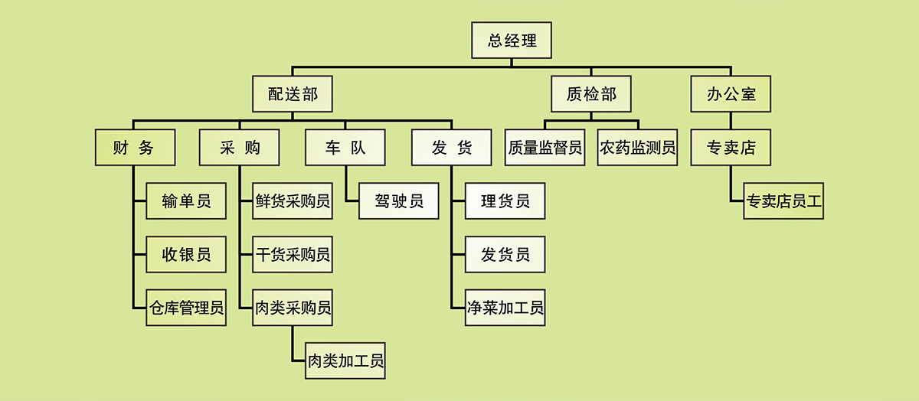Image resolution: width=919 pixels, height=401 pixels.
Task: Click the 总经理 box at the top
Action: click(x=511, y=40)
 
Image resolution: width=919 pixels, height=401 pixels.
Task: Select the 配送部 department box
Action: click(x=293, y=94)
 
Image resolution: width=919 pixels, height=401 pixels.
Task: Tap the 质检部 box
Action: click(x=590, y=94)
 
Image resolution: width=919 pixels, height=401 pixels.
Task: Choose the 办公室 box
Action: click(x=731, y=94)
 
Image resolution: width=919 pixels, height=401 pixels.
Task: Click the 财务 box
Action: click(x=135, y=148)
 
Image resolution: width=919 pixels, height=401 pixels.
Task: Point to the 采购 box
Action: click(x=240, y=148)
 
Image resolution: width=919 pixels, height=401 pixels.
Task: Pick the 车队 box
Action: click(x=345, y=148)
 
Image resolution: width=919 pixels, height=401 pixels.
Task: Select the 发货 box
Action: click(x=451, y=148)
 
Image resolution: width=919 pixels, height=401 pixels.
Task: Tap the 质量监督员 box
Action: click(x=545, y=148)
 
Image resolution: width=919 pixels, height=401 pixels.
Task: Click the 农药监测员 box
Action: click(x=638, y=148)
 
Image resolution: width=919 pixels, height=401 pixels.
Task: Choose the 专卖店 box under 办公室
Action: click(x=731, y=148)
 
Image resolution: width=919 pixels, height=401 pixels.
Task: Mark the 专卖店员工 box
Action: click(x=783, y=201)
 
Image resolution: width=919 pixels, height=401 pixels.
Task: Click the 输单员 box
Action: click(x=186, y=201)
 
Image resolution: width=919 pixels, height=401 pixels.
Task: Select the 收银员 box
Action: click(x=186, y=254)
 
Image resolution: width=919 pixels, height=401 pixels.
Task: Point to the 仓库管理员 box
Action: click(x=186, y=308)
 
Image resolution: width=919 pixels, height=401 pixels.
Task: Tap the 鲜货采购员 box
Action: click(x=293, y=201)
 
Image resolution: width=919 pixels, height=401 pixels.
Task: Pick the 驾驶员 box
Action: click(x=399, y=201)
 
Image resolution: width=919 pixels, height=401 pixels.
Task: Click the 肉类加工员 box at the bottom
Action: click(x=345, y=360)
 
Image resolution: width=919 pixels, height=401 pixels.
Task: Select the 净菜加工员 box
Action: click(x=505, y=308)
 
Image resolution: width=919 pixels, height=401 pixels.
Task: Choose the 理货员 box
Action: click(x=505, y=201)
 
